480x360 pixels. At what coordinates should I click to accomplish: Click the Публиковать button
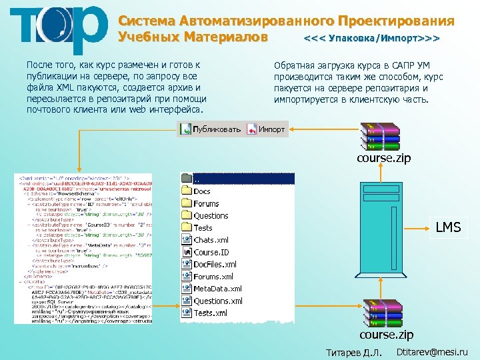[211, 129]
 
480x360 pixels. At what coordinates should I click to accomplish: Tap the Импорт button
[266, 129]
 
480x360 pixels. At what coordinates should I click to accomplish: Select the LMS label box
[448, 227]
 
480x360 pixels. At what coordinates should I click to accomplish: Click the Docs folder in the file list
[201, 191]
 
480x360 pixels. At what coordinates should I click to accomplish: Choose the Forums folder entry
[205, 203]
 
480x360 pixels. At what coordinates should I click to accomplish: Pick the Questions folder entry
[210, 215]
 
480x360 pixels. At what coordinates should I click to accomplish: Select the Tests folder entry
[203, 228]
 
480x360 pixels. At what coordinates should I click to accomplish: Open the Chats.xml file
[210, 240]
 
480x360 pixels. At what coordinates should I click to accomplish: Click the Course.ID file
[210, 253]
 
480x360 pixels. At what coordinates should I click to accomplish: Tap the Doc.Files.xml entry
[214, 265]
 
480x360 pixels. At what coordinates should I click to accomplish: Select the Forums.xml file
[213, 277]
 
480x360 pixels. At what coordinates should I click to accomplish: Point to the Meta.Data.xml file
[217, 289]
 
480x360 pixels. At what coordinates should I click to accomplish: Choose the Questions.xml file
[217, 301]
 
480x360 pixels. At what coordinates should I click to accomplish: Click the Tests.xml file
[210, 313]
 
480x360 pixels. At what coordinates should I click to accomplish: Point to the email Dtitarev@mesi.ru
[432, 351]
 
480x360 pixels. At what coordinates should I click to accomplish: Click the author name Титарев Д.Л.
[353, 352]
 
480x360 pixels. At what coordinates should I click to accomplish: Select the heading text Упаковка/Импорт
[371, 39]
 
